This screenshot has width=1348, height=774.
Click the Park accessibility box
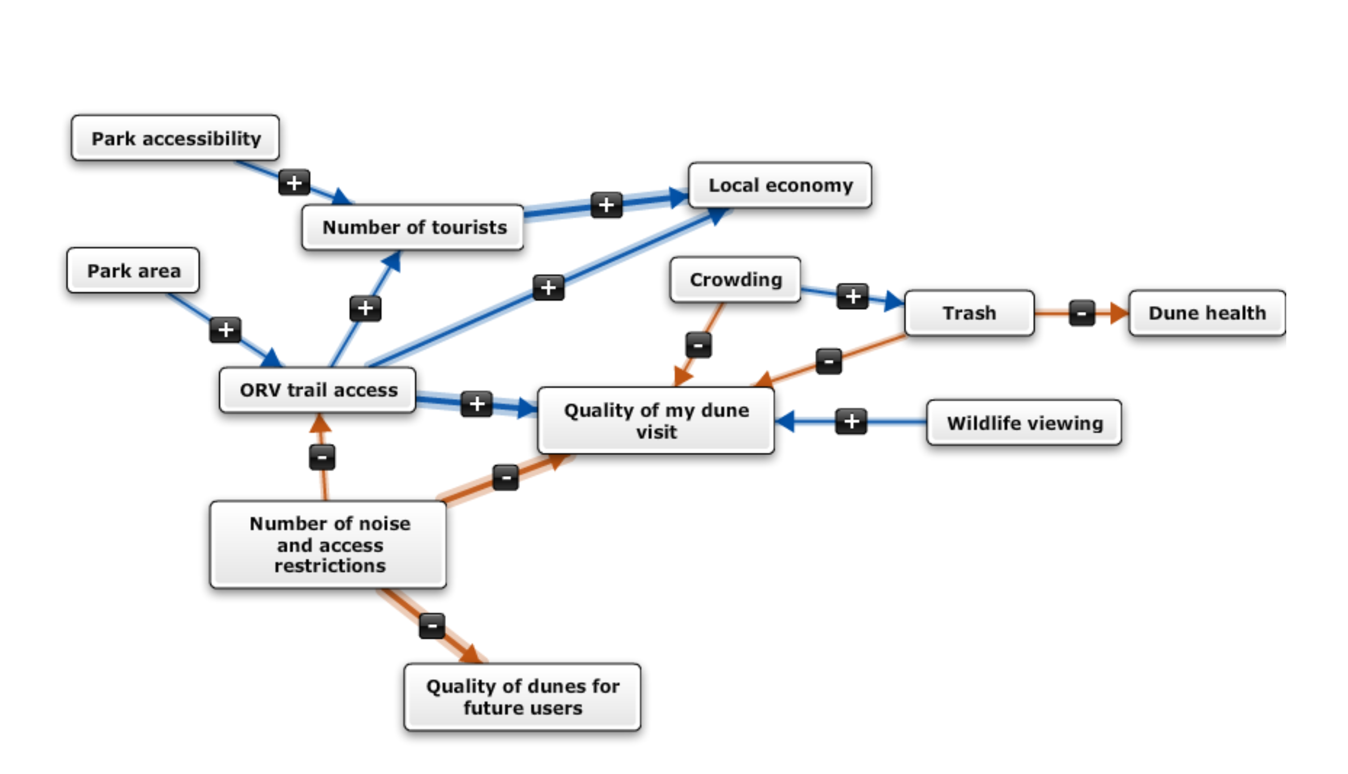[x=175, y=138]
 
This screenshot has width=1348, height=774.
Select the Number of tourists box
[x=413, y=228]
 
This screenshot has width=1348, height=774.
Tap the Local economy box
[x=780, y=186]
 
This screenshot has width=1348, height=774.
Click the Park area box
[x=133, y=271]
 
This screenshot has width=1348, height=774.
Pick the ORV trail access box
[x=318, y=390]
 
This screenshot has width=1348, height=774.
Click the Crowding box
[x=735, y=280]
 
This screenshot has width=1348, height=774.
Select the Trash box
[x=969, y=313]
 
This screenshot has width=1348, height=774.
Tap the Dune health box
[x=1206, y=313]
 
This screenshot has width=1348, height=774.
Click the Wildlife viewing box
[x=1024, y=423]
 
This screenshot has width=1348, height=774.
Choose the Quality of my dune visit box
[x=656, y=421]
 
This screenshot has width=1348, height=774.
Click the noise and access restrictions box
[x=329, y=545]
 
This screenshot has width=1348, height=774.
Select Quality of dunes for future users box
[x=522, y=698]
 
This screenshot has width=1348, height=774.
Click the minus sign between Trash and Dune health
[x=1081, y=313]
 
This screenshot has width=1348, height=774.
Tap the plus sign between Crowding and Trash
[x=852, y=296]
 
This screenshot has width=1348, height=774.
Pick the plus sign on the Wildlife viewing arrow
[x=851, y=422]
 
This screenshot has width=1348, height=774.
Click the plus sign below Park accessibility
[x=294, y=182]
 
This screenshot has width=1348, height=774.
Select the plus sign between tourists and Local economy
[x=606, y=205]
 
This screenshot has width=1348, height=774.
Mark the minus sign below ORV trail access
[x=322, y=457]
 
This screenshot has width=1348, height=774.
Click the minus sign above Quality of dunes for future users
[x=432, y=626]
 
